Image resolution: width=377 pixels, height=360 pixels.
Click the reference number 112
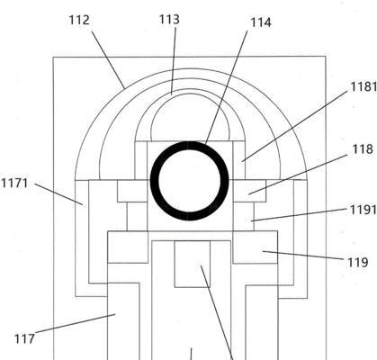[79, 21]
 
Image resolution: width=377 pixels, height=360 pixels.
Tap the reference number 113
[169, 20]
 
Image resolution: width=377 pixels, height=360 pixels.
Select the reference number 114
[261, 22]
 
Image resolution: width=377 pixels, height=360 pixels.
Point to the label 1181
[364, 86]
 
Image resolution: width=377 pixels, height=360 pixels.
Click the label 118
[363, 148]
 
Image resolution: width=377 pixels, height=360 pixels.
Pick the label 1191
[364, 210]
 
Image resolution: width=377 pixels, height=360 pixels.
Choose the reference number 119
[357, 263]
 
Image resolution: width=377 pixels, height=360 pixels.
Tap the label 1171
[14, 183]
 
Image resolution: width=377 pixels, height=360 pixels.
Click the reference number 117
[24, 339]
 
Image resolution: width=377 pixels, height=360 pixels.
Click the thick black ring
[190, 145]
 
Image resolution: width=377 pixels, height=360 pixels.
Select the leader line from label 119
[303, 255]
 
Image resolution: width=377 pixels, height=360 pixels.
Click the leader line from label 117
[76, 323]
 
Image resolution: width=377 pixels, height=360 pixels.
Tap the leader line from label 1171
[58, 194]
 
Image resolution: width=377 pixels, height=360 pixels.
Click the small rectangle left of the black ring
[132, 191]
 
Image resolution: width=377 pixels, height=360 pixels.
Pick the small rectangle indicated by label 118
[249, 191]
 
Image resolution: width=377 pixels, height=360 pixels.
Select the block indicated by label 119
[256, 247]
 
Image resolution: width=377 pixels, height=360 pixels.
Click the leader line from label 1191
[300, 215]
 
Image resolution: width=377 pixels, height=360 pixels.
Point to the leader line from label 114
[226, 87]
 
